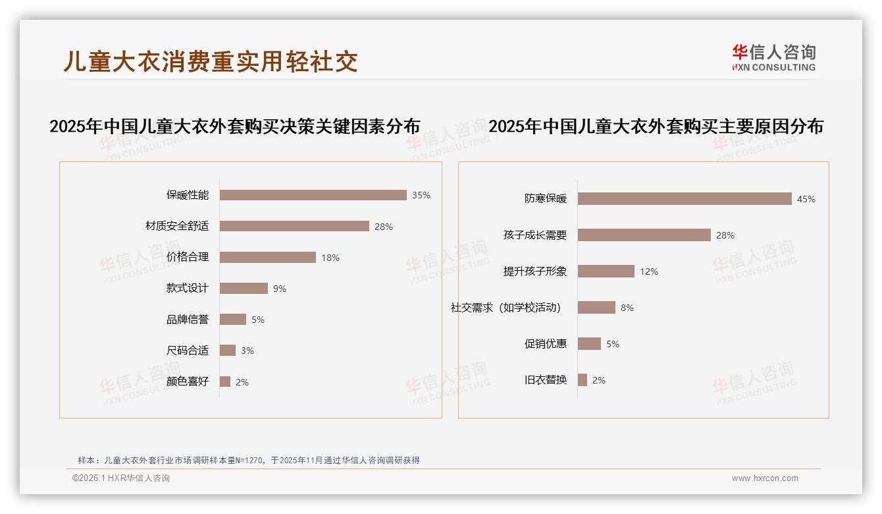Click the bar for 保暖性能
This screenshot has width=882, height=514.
pyautogui.click(x=313, y=195)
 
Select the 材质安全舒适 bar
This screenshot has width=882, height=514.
pyautogui.click(x=294, y=226)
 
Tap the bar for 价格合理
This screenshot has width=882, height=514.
pyautogui.click(x=267, y=257)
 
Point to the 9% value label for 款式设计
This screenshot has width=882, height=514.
pyautogui.click(x=280, y=289)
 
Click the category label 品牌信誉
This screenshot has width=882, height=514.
pyautogui.click(x=188, y=320)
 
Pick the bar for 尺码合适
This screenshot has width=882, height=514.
pyautogui.click(x=228, y=351)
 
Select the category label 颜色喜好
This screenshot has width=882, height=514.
pyautogui.click(x=188, y=382)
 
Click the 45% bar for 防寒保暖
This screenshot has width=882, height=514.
pyautogui.click(x=685, y=199)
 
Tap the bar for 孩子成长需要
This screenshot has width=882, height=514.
pyautogui.click(x=644, y=235)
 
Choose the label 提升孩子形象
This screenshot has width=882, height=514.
pyautogui.click(x=535, y=271)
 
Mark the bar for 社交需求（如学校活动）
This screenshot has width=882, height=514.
pyautogui.click(x=596, y=308)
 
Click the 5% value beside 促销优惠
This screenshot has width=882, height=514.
pyautogui.click(x=613, y=344)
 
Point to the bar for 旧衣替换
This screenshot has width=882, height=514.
pyautogui.click(x=583, y=380)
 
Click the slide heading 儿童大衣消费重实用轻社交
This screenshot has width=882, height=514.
pyautogui.click(x=211, y=61)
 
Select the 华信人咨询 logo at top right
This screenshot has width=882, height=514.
pyautogui.click(x=773, y=58)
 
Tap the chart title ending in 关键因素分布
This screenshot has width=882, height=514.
pyautogui.click(x=234, y=126)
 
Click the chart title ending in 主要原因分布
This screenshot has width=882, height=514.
pyautogui.click(x=656, y=126)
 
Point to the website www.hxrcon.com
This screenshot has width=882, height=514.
pyautogui.click(x=765, y=478)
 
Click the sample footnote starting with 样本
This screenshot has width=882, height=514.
pyautogui.click(x=249, y=461)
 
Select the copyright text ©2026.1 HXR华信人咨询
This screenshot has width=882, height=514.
pyautogui.click(x=121, y=478)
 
